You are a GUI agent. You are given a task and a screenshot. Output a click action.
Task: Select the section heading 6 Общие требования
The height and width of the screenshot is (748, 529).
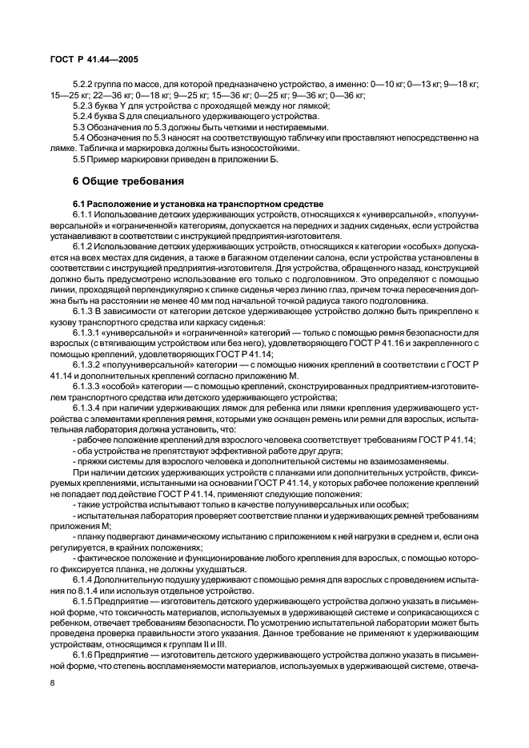click(129, 181)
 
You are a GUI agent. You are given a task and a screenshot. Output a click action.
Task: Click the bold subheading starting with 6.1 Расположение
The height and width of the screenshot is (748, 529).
click(197, 205)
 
